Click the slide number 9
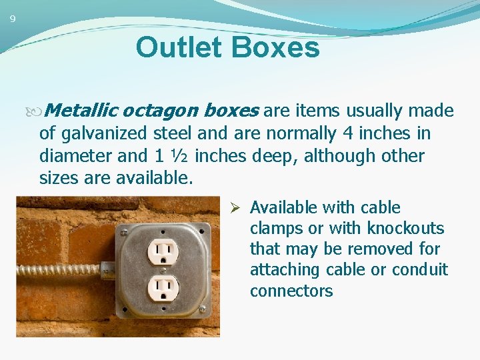click(x=12, y=19)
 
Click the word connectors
click(x=291, y=291)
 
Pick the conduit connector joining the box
click(x=107, y=269)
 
